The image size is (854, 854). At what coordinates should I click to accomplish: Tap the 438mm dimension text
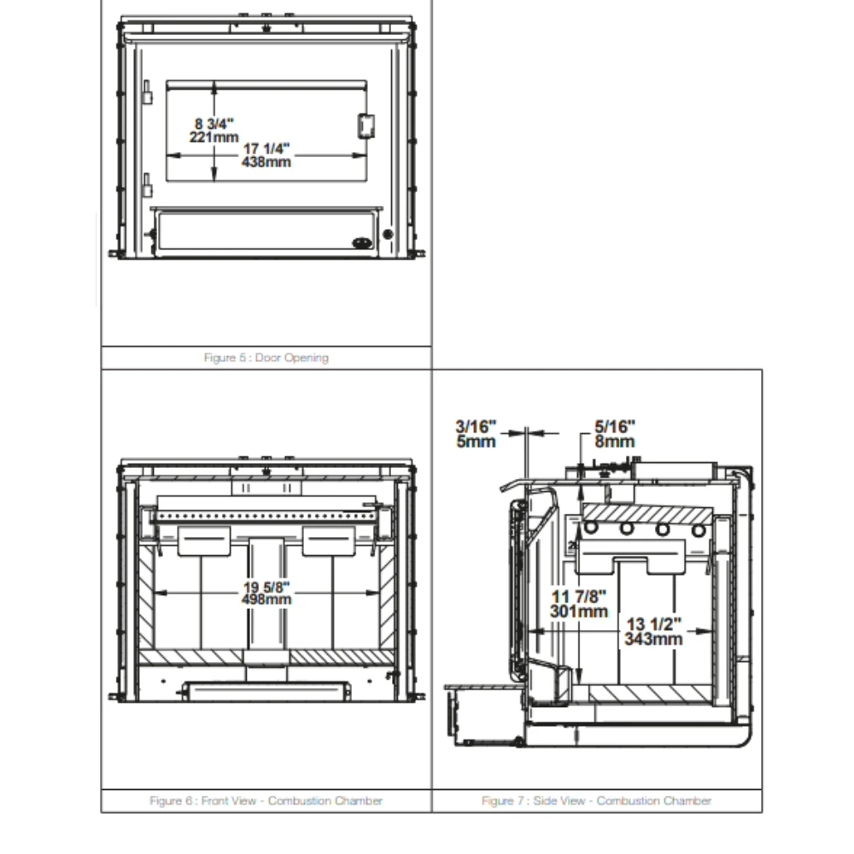[x=266, y=162]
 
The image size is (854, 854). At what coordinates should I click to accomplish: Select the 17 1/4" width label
[x=266, y=149]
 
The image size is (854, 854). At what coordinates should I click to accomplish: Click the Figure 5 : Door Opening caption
[x=266, y=358]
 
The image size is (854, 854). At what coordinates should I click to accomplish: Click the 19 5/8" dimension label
[x=266, y=587]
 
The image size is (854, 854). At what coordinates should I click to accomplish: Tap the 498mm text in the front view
[x=266, y=599]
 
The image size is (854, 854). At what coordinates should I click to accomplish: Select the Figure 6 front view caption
[x=266, y=801]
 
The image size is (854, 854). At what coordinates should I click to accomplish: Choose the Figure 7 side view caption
[x=596, y=801]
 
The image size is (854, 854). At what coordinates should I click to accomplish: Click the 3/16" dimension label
[x=476, y=427]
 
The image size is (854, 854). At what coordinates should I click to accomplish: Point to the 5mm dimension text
[x=476, y=441]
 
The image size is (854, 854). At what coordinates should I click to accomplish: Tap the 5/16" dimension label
[x=615, y=427]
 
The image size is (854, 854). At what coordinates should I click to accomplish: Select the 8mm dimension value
[x=615, y=441]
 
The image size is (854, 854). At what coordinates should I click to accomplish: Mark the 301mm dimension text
[x=579, y=611]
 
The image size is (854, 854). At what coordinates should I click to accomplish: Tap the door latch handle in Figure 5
[x=366, y=125]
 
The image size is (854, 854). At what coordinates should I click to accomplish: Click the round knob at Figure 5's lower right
[x=388, y=234]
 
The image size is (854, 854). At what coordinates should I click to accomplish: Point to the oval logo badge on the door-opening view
[x=364, y=242]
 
